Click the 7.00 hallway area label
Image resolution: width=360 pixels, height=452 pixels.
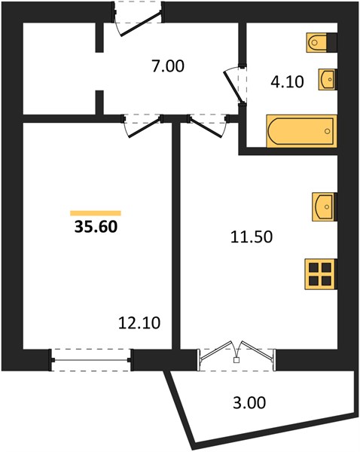(x=168, y=66)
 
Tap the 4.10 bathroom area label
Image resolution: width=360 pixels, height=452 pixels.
(x=287, y=81)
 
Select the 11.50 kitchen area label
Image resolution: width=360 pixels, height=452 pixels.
(x=252, y=237)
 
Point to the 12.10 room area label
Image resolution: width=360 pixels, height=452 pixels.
(x=139, y=323)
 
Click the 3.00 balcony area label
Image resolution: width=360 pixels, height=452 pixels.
(x=249, y=402)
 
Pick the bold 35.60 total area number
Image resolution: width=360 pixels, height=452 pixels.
(x=96, y=227)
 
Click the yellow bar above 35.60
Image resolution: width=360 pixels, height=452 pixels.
(x=96, y=213)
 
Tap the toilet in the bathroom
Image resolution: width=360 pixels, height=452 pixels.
(x=317, y=43)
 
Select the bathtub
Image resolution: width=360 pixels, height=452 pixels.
(x=302, y=131)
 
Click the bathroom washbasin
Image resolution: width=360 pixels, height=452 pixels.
(x=328, y=79)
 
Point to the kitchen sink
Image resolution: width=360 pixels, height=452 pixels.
(x=325, y=207)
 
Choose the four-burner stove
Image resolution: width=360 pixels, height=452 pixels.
(x=321, y=274)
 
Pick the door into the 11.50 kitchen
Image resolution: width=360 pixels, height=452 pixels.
(x=207, y=127)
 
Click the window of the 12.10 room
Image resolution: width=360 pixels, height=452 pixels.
(x=91, y=360)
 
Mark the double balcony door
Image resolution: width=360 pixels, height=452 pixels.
(x=236, y=357)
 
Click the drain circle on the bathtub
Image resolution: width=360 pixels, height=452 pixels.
(x=327, y=131)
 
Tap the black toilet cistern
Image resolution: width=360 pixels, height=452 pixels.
(x=332, y=43)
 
